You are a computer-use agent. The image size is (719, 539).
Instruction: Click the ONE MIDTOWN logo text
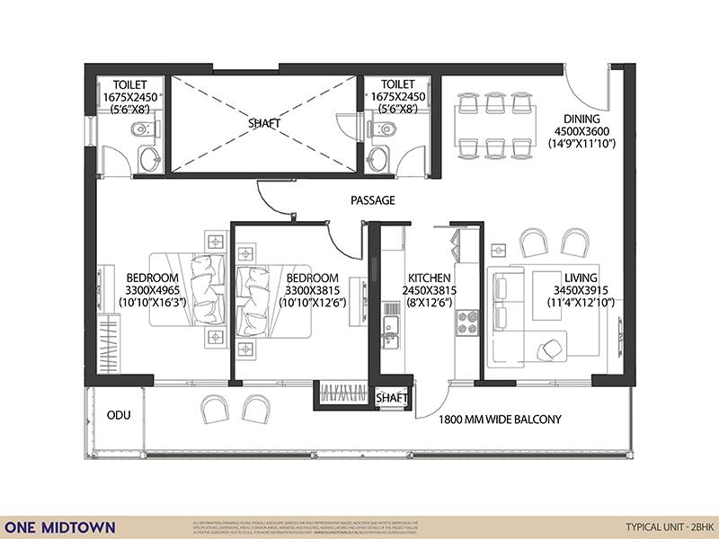coord(60,526)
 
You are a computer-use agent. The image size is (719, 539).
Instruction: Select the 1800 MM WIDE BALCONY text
coord(500,420)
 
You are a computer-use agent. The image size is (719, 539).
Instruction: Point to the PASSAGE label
coord(372,200)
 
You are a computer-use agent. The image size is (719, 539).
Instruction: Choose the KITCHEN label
coord(428,278)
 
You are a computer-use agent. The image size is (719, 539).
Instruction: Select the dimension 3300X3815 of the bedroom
coord(311,291)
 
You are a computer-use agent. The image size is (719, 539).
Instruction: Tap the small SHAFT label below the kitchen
coord(392,398)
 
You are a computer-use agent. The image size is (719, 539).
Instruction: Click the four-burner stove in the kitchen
coord(466,323)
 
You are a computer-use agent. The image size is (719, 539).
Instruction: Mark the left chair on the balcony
coord(215,410)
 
